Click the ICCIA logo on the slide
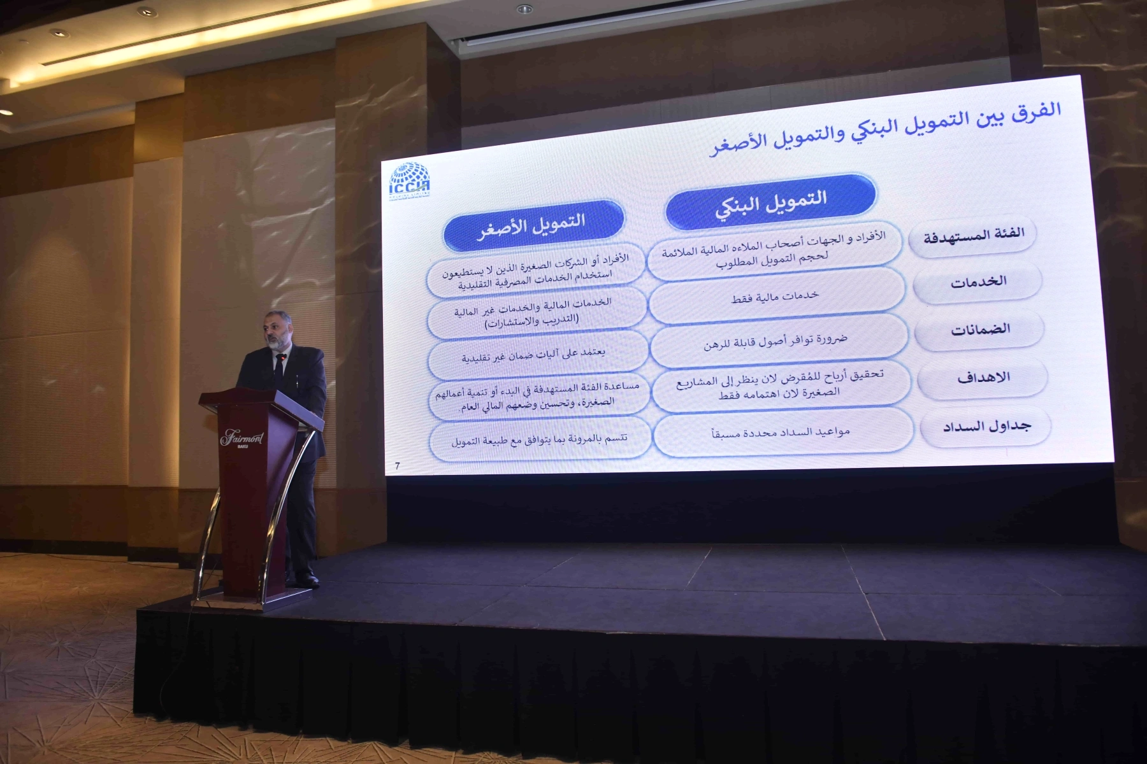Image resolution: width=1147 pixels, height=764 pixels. point(410,181)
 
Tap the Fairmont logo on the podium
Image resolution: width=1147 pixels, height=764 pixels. point(242,439)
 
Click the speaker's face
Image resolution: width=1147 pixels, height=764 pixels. point(276,331)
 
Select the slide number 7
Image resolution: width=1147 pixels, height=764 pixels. point(397,465)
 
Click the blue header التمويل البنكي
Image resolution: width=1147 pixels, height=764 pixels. point(771,202)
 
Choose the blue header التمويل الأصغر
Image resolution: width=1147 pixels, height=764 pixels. point(533,225)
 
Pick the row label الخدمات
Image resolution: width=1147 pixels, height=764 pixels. point(977,281)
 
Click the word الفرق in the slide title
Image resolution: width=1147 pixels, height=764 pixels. point(1037,110)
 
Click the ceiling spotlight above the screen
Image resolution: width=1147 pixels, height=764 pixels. point(524,9)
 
